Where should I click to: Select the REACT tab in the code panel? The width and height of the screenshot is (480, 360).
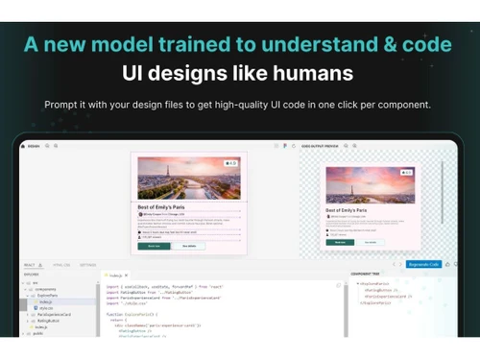point(30,264)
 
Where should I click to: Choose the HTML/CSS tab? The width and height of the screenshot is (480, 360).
point(60,264)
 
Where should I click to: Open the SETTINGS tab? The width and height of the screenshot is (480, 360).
point(88,264)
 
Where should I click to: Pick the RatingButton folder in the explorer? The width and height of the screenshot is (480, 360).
point(49,321)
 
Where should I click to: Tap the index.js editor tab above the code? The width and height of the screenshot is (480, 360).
point(115,272)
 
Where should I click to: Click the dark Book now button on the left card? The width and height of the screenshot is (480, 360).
point(154,246)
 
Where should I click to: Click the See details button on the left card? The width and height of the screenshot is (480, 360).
point(189,246)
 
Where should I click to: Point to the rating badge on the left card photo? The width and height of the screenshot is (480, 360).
point(229,164)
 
